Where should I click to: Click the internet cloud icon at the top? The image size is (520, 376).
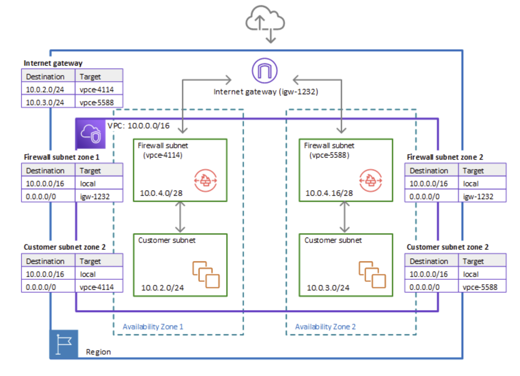265,20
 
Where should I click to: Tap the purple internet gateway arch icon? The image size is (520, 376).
264,71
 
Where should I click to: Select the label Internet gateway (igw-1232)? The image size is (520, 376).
265,92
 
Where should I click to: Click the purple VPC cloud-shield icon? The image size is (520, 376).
91,134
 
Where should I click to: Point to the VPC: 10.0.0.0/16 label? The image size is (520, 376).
138,126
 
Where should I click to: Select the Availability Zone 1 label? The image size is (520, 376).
153,327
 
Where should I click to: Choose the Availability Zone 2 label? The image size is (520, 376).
325,327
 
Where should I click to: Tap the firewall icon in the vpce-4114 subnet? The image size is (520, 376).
205,180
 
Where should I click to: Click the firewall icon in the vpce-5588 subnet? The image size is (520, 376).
370,180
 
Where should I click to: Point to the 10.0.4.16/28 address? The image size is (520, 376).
329,193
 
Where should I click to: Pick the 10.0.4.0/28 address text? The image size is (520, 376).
161,193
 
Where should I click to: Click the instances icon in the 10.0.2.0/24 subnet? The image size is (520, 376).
206,275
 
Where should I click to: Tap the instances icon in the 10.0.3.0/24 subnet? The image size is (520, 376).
372,275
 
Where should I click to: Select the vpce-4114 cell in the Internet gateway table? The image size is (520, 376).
97,90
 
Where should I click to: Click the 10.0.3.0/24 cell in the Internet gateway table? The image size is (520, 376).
45,102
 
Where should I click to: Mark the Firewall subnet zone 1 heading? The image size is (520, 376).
61,157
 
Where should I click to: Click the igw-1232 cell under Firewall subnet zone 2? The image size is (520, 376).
478,197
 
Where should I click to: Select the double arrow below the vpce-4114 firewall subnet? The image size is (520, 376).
180,217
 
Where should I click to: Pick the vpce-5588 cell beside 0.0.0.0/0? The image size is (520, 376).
480,287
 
